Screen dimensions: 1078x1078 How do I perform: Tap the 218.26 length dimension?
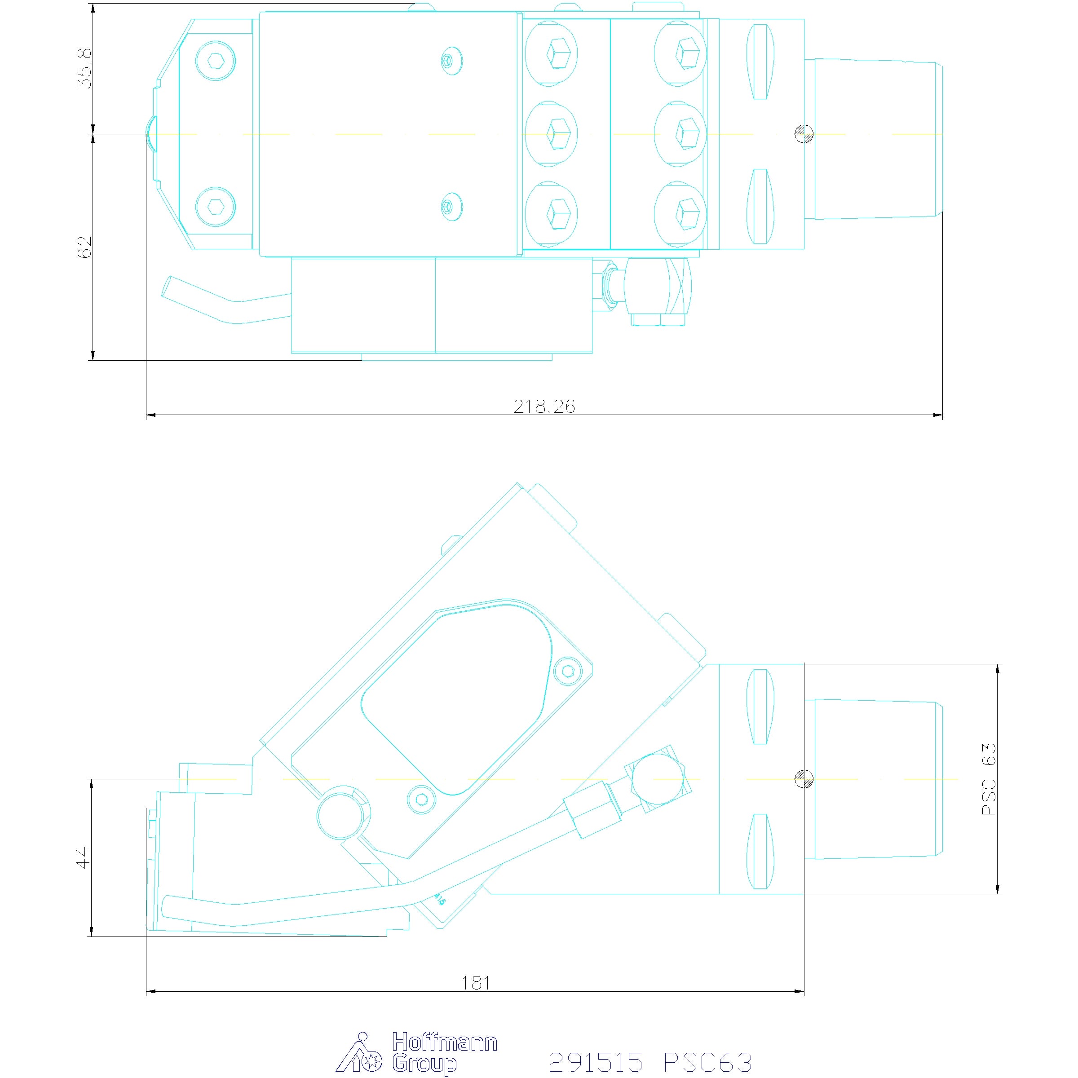coord(544,406)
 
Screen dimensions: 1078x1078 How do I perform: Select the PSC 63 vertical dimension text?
coord(989,779)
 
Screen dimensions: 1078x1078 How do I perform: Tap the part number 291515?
coord(595,1061)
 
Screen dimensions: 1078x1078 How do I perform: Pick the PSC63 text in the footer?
coord(708,1061)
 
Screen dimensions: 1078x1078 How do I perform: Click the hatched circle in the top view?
coord(804,134)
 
